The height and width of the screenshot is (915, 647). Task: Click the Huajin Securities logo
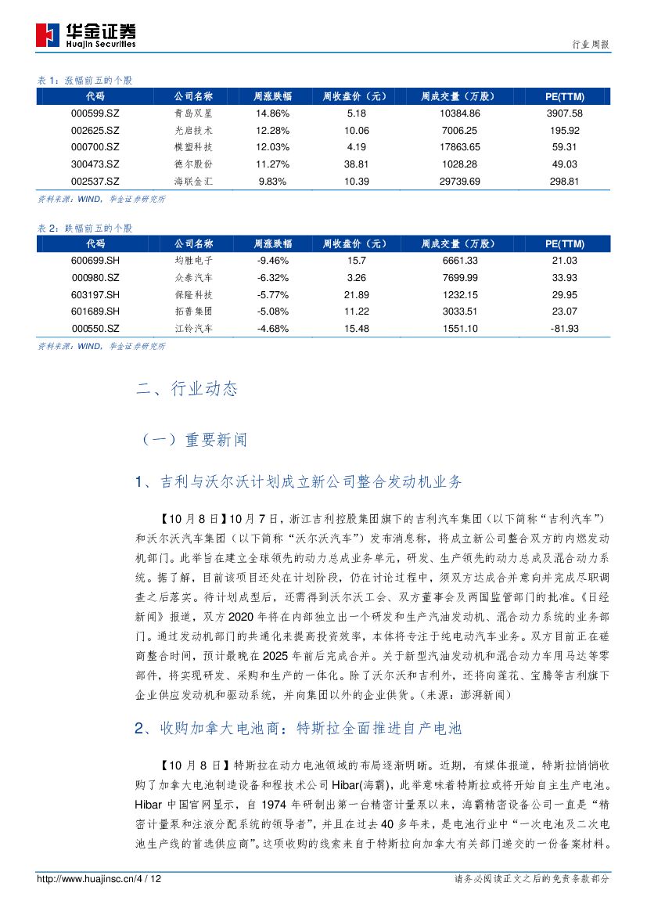86,34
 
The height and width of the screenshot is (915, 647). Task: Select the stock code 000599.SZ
95,113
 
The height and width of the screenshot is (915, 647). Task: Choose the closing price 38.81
355,164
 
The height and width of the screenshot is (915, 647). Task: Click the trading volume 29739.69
461,181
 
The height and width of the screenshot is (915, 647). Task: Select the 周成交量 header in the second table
458,243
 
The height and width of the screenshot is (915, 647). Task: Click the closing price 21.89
355,294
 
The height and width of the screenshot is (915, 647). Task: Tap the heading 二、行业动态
186,389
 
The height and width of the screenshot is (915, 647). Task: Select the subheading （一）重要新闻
192,440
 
